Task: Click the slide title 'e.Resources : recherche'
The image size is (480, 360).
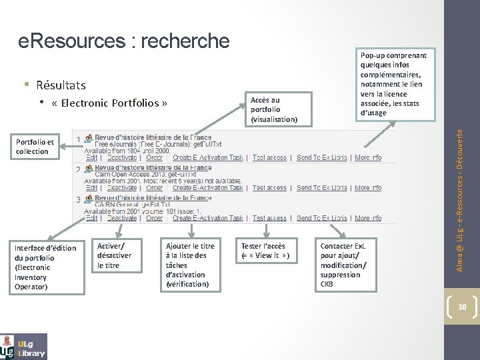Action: click(123, 41)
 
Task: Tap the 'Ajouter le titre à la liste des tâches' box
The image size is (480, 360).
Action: click(191, 264)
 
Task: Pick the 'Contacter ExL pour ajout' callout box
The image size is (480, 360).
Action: click(347, 264)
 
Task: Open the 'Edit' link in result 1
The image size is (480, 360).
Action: click(91, 158)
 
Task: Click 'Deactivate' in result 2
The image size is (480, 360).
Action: click(121, 188)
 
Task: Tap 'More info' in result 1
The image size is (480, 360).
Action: click(368, 158)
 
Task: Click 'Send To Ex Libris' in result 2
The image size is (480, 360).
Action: click(322, 188)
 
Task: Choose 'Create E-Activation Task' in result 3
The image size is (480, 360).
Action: click(207, 218)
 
